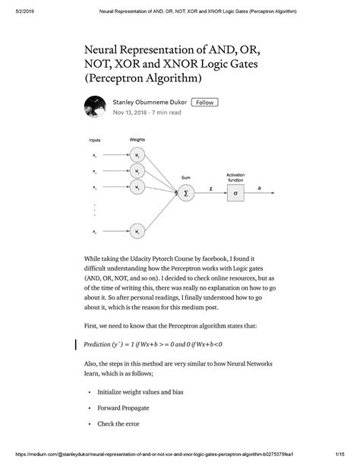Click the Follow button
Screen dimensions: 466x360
(x=204, y=102)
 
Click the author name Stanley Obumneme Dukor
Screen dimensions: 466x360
(x=149, y=102)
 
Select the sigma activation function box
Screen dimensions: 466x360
(x=235, y=193)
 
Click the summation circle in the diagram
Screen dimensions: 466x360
(x=185, y=193)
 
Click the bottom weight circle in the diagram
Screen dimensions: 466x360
(x=137, y=231)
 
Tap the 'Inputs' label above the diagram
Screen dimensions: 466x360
(x=95, y=141)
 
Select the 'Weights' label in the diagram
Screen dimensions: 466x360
(x=137, y=140)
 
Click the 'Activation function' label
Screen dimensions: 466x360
(x=235, y=177)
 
